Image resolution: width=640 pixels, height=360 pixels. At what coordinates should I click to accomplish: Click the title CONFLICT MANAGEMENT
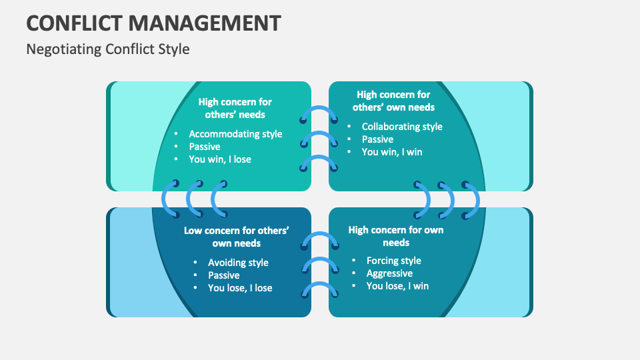153,23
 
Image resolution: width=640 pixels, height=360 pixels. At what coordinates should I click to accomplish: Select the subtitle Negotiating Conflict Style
108,49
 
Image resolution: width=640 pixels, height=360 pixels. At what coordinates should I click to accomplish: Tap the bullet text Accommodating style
235,134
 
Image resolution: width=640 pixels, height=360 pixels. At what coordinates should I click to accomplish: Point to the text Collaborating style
402,127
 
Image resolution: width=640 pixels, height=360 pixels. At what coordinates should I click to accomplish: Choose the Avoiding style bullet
238,263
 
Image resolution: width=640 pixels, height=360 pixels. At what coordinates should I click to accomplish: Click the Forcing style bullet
393,261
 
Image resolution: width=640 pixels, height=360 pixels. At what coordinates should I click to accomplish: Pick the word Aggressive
389,273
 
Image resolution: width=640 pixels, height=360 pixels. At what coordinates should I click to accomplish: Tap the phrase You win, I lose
220,159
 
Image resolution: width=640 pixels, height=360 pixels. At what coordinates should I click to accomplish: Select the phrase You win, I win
392,152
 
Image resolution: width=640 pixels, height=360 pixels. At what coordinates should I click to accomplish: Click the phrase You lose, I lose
240,288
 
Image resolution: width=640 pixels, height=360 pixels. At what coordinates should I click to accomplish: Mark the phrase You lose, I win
397,286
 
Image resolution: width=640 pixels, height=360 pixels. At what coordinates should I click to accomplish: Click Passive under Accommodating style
205,147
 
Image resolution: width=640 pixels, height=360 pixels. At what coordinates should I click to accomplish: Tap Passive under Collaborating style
377,139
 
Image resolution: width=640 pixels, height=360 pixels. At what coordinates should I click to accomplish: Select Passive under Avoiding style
224,275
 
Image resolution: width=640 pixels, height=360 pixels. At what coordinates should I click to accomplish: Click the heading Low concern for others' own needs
237,237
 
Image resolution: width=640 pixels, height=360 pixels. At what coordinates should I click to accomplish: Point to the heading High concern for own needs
395,236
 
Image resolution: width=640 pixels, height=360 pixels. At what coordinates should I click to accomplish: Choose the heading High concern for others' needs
235,108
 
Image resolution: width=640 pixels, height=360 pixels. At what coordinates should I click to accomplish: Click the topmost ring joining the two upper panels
319,113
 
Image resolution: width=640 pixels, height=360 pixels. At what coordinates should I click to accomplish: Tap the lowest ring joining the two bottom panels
319,289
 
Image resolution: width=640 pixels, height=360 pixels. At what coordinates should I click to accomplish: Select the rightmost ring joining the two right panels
472,199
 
